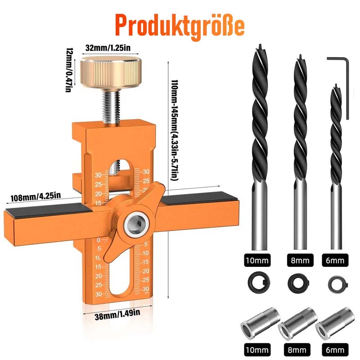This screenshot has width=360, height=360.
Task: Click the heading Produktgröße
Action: pyautogui.click(x=180, y=26)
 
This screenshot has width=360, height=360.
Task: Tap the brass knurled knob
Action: pyautogui.click(x=110, y=73)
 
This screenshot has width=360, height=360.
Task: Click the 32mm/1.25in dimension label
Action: pyautogui.click(x=108, y=48)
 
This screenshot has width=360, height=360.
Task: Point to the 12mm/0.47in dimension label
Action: pyautogui.click(x=69, y=70)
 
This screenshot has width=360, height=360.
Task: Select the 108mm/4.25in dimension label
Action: pyautogui.click(x=36, y=197)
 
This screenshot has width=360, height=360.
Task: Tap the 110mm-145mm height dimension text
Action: pyautogui.click(x=174, y=130)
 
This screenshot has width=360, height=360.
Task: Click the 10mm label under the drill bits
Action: pyautogui.click(x=257, y=261)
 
